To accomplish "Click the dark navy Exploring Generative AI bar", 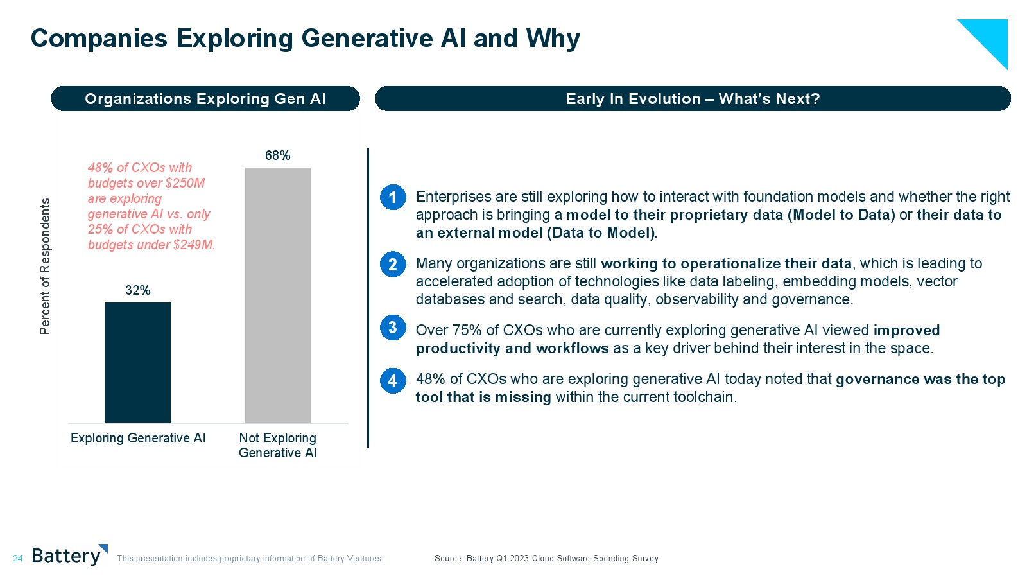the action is tap(138, 362).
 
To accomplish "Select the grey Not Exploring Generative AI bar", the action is tap(278, 295).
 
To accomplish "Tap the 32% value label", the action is tap(138, 290).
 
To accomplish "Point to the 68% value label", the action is tap(278, 155).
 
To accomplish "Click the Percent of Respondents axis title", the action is tap(45, 266).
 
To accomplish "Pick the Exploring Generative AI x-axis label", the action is tap(138, 438).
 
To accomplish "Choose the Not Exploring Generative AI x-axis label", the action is tap(278, 446).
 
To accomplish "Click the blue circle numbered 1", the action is tap(393, 197).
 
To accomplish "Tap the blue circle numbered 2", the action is tap(393, 264).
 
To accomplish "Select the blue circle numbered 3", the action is tap(393, 328).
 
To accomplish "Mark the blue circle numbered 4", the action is tap(393, 381).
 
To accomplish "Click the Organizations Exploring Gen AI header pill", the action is tap(205, 99).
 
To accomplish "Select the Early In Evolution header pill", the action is tap(693, 99).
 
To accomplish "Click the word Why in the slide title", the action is tap(553, 39).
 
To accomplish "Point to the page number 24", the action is tap(18, 558).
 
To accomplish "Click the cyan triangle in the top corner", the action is tap(991, 36).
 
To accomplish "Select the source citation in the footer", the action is tap(546, 558).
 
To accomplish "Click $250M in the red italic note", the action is tap(185, 183).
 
